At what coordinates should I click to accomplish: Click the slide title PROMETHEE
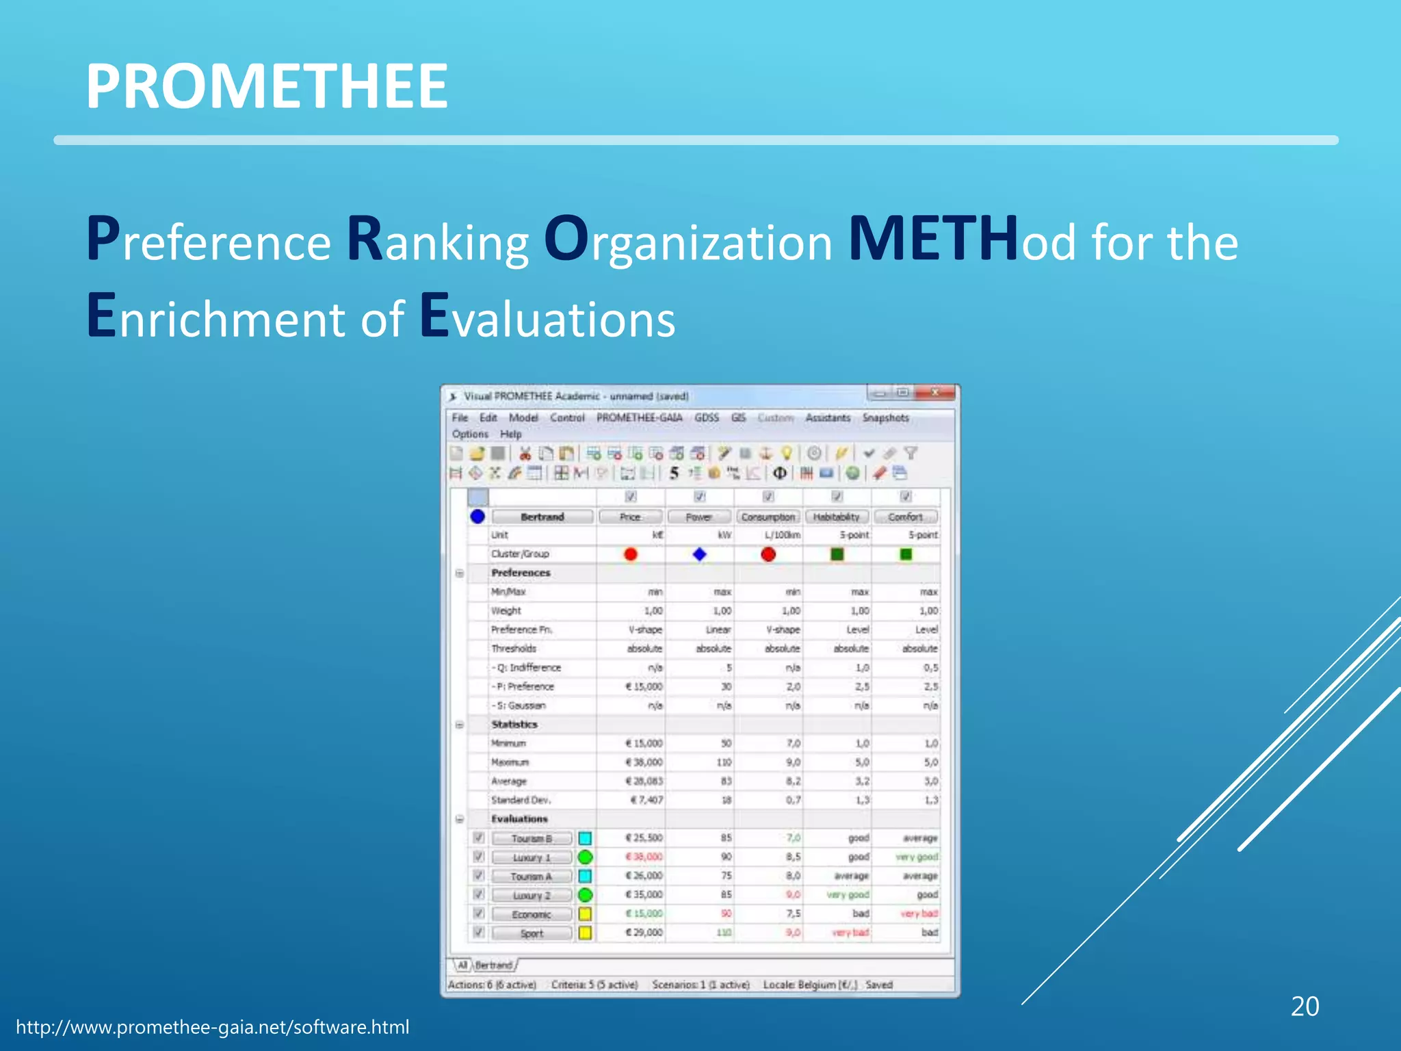coord(267,86)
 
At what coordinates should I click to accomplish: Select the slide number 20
coord(1304,1007)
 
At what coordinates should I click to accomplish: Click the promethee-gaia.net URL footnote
coord(212,1027)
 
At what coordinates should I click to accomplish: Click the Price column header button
coord(630,517)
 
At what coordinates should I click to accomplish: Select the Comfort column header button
coord(905,517)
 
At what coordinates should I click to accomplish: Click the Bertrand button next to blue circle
coord(542,517)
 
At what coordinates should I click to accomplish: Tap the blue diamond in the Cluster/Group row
coord(699,554)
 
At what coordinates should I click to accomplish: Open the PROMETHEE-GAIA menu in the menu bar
coord(639,417)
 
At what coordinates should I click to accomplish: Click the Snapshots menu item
coord(885,417)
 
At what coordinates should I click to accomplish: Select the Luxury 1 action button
coord(532,857)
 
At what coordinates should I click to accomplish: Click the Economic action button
coord(532,914)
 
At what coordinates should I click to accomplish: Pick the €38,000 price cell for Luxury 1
coord(644,857)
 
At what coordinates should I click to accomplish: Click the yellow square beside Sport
coord(585,933)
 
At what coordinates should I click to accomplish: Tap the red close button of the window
coord(934,393)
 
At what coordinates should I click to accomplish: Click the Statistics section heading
coord(514,724)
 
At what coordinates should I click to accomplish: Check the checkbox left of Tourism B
coord(479,838)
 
